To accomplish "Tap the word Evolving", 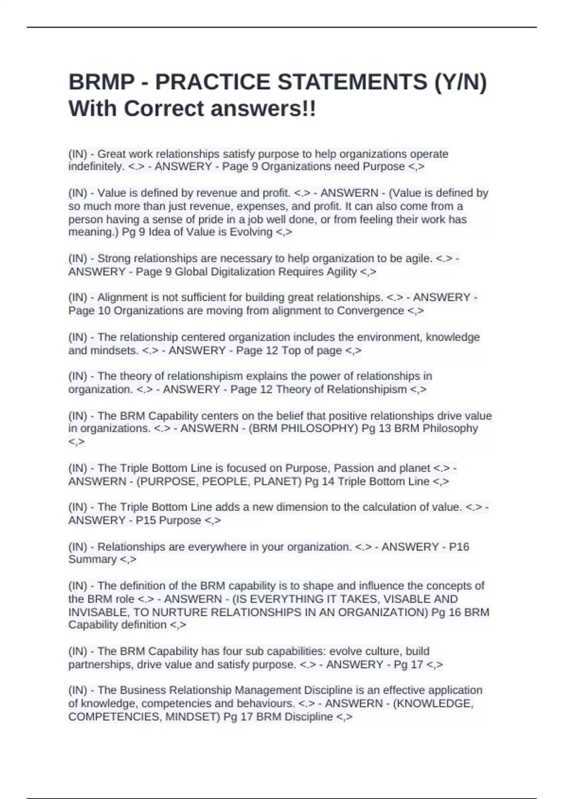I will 251,232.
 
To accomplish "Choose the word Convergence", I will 370,311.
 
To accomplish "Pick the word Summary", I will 92,559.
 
